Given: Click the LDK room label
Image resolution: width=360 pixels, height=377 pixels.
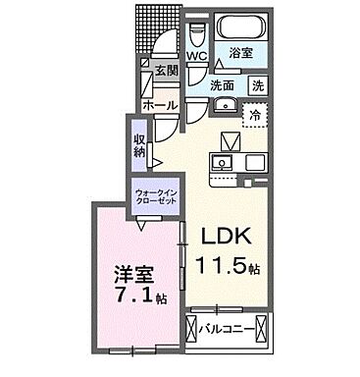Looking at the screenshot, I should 229,237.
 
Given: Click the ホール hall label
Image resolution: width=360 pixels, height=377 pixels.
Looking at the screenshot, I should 159,103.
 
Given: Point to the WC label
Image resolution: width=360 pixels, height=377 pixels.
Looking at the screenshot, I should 196,57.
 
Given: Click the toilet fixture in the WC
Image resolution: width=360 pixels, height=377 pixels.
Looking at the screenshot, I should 196,35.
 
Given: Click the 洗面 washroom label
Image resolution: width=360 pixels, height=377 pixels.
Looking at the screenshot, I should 223,84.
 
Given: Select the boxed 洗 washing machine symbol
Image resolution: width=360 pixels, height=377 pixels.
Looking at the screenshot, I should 257,85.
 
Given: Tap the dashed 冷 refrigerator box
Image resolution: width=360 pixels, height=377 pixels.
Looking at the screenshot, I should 255,114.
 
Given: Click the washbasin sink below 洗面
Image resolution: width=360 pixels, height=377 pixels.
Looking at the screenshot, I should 222,105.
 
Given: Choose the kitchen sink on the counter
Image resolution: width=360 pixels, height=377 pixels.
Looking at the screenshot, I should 224,161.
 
